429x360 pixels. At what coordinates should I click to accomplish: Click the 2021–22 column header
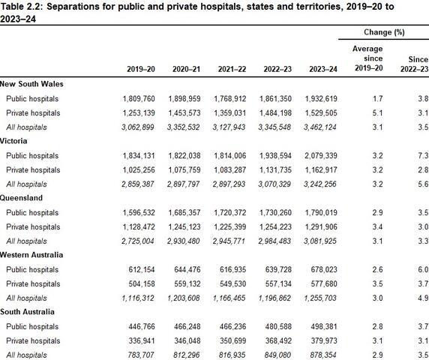coord(232,69)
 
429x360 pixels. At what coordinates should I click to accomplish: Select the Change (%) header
coord(384,32)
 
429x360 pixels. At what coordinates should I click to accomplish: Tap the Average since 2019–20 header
coord(368,58)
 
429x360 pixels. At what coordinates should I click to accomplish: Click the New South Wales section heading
coord(31,84)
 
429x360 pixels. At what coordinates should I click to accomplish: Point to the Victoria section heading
coord(13,141)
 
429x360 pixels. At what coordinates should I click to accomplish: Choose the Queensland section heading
coord(21,198)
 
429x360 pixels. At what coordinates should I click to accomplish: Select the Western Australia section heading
coord(31,255)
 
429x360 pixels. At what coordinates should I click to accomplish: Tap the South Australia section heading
coord(27,312)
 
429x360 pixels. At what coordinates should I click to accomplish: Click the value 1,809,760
coord(139,99)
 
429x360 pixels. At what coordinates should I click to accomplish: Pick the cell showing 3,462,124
coord(320,127)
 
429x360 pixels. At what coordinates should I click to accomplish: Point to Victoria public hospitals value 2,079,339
coord(321,156)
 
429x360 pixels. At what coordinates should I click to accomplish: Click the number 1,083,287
coord(230,170)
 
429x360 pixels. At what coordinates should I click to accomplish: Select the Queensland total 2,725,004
coord(138,241)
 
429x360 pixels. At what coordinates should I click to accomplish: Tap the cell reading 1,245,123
coord(184,226)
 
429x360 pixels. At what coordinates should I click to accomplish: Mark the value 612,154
coord(142,269)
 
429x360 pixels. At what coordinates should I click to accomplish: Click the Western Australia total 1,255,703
coord(320,298)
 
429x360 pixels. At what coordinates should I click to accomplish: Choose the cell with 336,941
coord(142,340)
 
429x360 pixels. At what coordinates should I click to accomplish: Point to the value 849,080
coord(277,355)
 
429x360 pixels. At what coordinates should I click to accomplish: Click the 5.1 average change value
coord(377,113)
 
